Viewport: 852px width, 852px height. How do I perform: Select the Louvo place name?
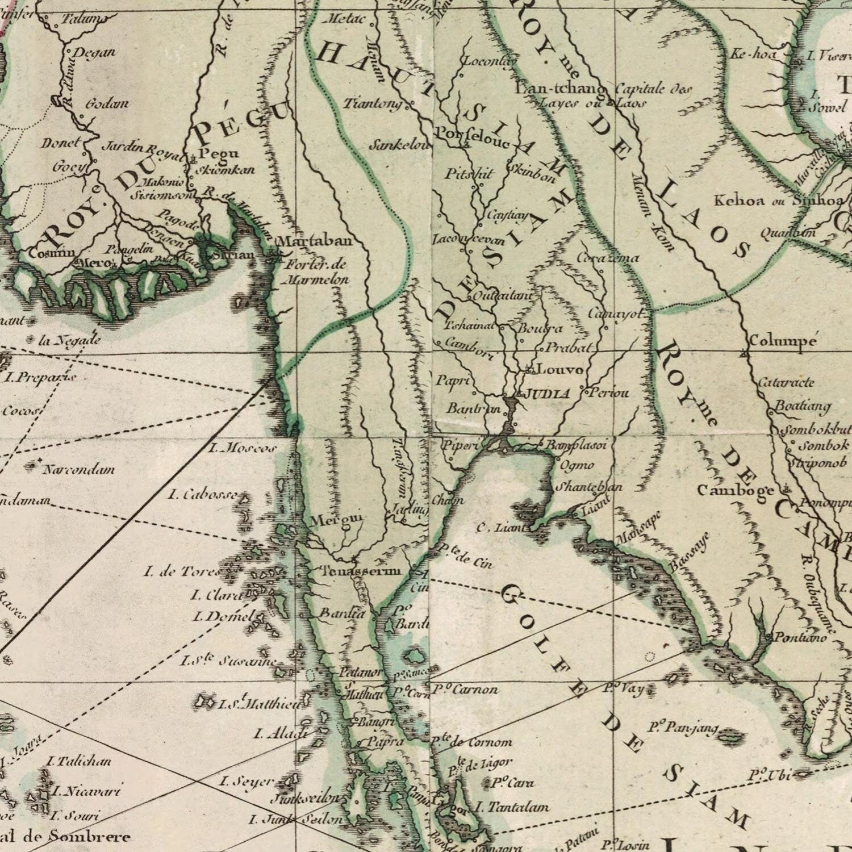coord(560,370)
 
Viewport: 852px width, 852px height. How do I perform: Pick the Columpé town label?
coord(783,341)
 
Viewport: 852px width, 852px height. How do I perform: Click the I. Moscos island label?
coord(243,448)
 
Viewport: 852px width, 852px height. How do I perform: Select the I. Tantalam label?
coord(512,807)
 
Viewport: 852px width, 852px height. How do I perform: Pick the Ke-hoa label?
coord(753,55)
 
